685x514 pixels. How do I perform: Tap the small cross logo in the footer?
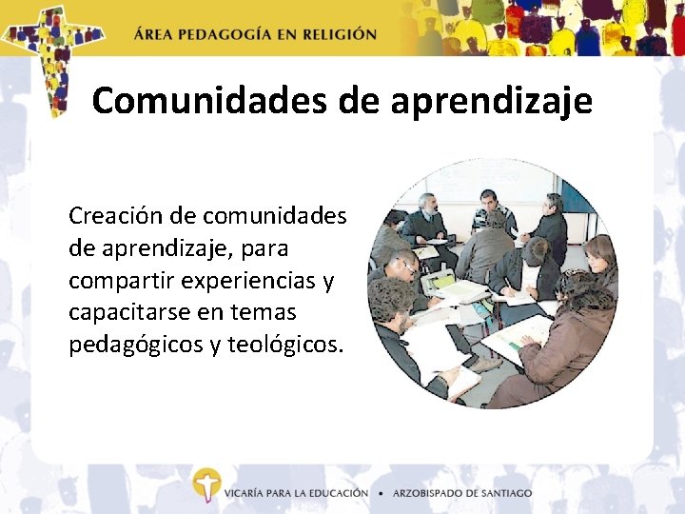coord(205,485)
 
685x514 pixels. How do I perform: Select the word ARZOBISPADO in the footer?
coord(432,493)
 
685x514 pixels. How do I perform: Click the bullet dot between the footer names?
coord(381,493)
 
